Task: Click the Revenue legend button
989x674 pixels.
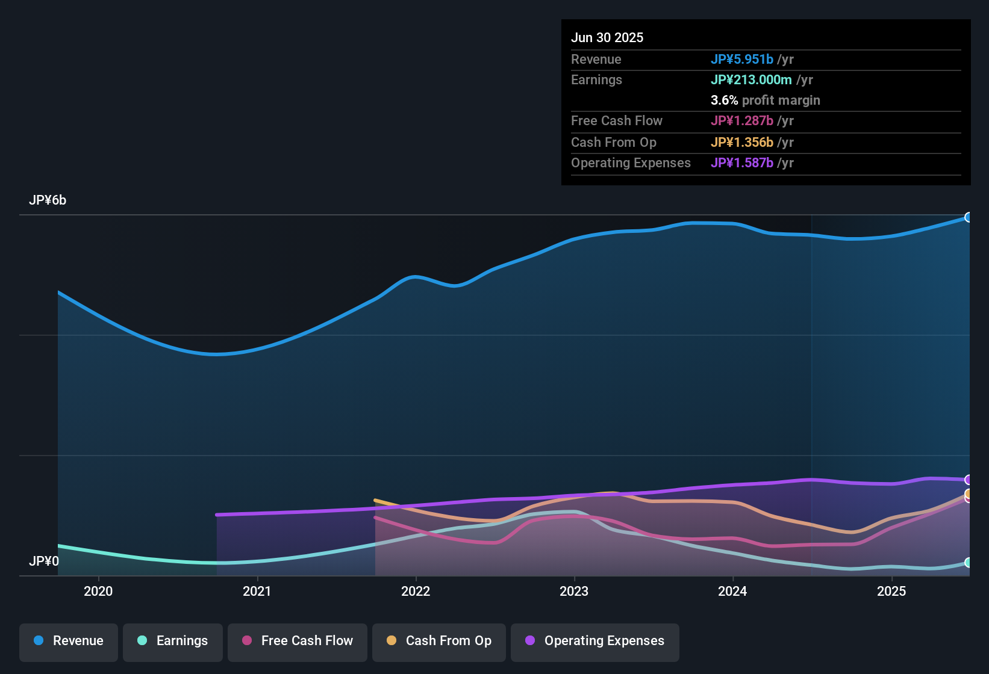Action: tap(69, 641)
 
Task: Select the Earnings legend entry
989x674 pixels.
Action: tap(173, 641)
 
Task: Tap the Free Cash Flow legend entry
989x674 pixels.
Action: tap(298, 641)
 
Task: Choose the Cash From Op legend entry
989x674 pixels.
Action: tap(439, 641)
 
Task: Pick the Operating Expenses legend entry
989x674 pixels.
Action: tap(595, 641)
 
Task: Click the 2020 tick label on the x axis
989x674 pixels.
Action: tap(98, 591)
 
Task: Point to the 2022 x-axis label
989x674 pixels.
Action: tap(416, 591)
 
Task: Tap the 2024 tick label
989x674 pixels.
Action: tap(732, 591)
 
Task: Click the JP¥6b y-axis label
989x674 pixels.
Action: tap(48, 200)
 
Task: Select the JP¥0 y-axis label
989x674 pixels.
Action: tap(44, 561)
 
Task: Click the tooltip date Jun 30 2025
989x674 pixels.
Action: tap(607, 38)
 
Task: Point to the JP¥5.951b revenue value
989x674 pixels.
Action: tap(742, 60)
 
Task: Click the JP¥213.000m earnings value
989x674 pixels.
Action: tap(751, 80)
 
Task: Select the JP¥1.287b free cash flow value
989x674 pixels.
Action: tap(742, 121)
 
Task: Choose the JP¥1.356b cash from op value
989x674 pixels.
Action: tap(742, 143)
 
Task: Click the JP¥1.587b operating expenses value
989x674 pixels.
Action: tap(742, 163)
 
